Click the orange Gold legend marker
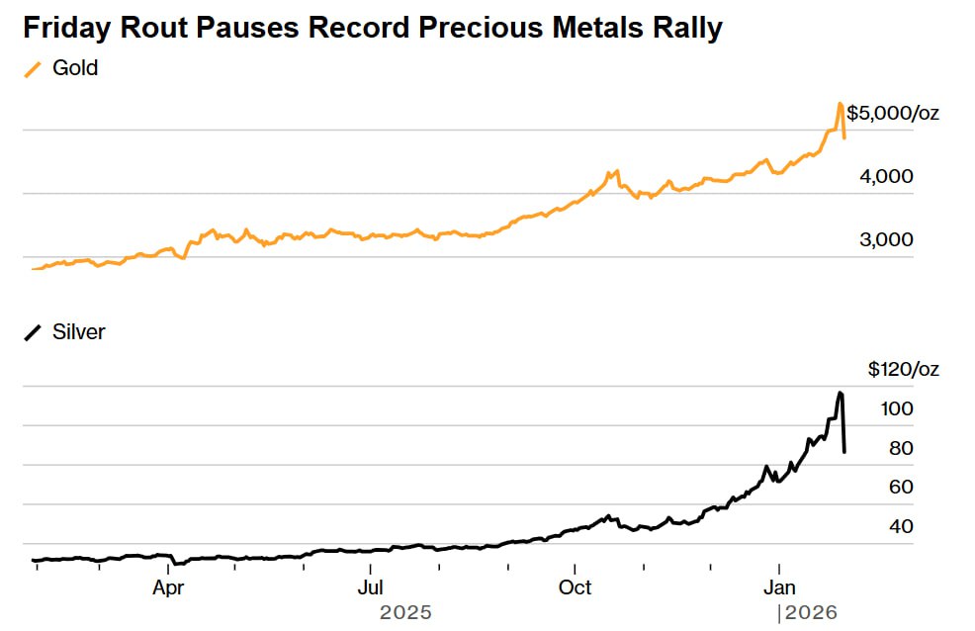34,69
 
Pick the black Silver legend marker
34,332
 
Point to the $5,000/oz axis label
893,113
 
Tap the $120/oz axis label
904,370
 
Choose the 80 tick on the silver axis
900,448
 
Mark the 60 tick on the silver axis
900,487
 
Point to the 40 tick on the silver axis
900,526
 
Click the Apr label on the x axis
168,587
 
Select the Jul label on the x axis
370,587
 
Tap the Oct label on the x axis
575,587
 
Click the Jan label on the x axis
778,587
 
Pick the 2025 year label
405,613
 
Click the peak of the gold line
840,103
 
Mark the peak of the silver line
841,393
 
